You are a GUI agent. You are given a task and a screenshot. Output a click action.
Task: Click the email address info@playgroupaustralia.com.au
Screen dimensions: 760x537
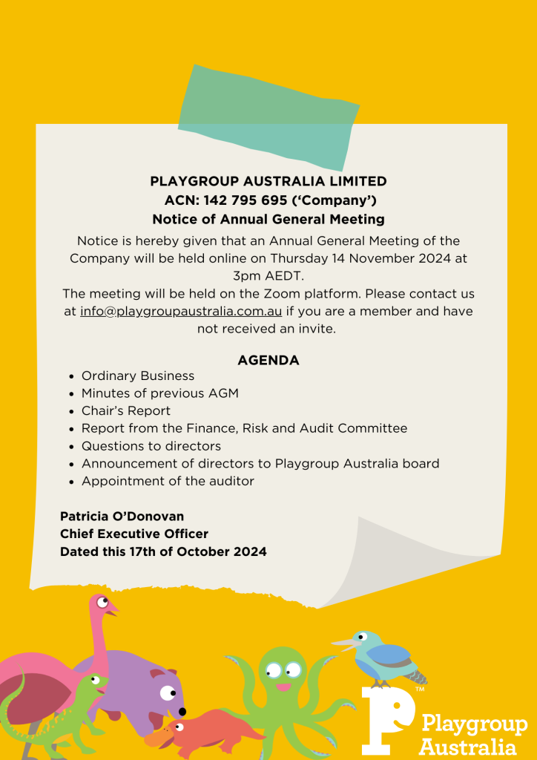pos(181,312)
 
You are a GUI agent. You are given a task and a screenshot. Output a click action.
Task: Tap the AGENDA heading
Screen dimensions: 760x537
pos(268,361)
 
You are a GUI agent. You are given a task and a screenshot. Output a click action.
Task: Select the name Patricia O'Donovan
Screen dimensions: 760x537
pos(122,517)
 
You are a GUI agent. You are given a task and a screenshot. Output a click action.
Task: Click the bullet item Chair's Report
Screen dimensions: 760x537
pos(126,411)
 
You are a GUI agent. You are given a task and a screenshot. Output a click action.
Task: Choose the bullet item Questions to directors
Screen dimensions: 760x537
pos(151,446)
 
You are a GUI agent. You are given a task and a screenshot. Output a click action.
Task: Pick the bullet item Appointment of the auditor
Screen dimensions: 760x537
pos(168,482)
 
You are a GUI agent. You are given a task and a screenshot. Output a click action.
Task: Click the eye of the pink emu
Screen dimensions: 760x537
pos(102,603)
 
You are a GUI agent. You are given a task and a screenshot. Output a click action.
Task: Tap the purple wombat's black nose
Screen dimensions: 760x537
pos(182,712)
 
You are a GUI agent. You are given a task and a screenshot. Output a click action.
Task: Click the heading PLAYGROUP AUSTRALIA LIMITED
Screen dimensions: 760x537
pos(268,181)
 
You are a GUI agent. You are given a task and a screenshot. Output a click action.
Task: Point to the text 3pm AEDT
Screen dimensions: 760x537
pos(268,276)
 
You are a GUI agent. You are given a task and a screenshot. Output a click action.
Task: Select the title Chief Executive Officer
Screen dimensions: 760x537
pos(134,534)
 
